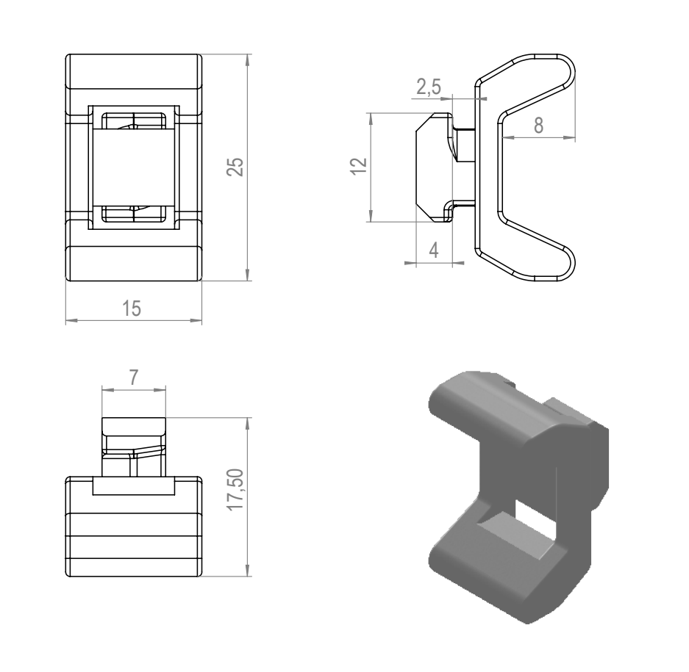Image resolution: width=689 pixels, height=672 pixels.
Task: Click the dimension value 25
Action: pos(235,167)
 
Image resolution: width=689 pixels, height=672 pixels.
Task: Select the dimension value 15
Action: pos(132,308)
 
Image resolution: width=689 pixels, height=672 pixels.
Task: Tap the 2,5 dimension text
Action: pos(428,87)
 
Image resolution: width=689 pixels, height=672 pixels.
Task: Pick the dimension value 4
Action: pos(433,250)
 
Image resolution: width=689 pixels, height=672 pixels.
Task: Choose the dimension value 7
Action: pos(133,378)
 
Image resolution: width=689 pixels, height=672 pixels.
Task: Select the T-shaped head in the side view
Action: pos(434,167)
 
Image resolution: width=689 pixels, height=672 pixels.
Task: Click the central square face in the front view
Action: pos(132,167)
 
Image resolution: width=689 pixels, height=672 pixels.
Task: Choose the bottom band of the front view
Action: pos(133,263)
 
